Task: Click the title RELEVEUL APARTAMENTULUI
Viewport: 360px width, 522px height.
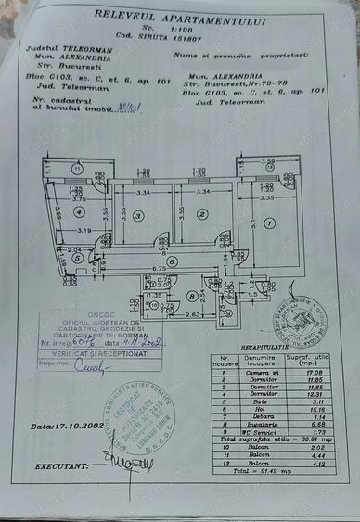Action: tap(178, 18)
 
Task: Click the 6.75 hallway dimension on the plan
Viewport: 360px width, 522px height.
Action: tap(159, 269)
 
